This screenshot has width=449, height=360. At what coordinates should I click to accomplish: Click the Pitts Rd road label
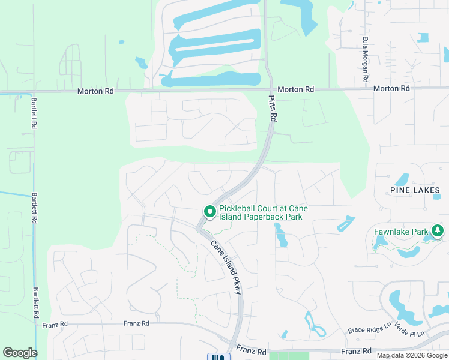tap(273, 109)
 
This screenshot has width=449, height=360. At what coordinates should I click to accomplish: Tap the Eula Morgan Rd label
tap(364, 59)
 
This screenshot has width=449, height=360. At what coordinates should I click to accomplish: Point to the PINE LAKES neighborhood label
tap(415, 190)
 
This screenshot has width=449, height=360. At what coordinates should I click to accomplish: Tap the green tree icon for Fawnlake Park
tap(438, 231)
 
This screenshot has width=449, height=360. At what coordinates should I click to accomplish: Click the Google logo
tap(20, 353)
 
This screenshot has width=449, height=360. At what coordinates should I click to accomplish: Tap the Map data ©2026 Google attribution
tap(411, 355)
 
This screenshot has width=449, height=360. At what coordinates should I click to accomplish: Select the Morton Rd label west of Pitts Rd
tap(95, 91)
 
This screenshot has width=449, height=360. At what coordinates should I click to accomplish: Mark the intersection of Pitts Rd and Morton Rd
tap(270, 89)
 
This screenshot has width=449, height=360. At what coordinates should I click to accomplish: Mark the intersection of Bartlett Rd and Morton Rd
tap(33, 92)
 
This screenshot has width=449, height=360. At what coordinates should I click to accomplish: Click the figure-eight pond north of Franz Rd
tap(315, 325)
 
